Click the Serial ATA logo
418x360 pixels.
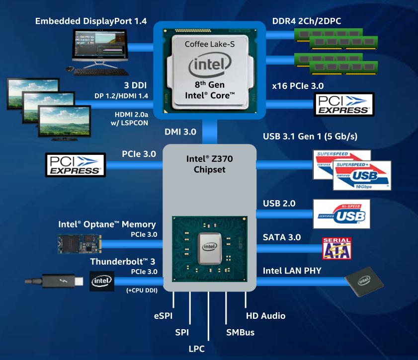pos(336,248)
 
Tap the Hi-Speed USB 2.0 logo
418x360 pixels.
pos(341,214)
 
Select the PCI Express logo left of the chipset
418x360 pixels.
pos(76,165)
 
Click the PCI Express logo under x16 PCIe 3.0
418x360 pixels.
pos(344,104)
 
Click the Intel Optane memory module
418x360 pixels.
pos(80,244)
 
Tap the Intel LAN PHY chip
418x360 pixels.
pos(364,282)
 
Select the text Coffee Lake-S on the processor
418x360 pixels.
pos(210,44)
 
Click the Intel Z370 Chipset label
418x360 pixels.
pos(210,164)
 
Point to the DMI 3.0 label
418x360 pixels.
pos(180,132)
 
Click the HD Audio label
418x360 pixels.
pos(265,316)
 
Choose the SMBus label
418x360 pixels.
pos(240,332)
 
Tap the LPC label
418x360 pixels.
pos(196,349)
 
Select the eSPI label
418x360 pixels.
pos(163,316)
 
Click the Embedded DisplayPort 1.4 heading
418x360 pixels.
pos(91,21)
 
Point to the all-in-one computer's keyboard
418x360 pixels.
pos(101,72)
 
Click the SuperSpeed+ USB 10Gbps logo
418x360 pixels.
pos(362,175)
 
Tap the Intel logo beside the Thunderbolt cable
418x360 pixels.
pos(101,281)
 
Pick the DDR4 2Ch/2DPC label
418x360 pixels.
pos(307,21)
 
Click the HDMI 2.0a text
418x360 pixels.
pos(131,115)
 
